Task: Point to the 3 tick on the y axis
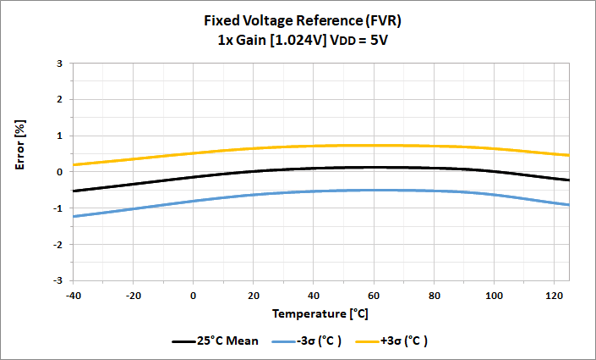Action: (x=59, y=64)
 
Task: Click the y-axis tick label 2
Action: (x=59, y=100)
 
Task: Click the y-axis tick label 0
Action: (x=59, y=172)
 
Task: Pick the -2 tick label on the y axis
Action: (x=57, y=244)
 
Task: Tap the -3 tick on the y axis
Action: (x=57, y=280)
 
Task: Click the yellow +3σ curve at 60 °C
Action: (x=375, y=145)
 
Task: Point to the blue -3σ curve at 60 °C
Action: (x=375, y=190)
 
